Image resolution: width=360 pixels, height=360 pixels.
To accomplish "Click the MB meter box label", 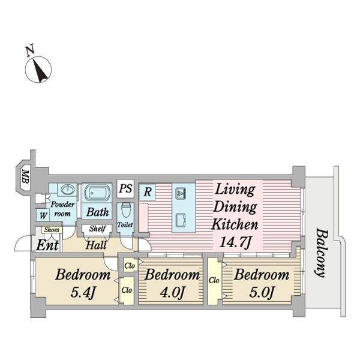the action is coord(25,176).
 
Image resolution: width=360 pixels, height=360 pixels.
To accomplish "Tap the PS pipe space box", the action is coord(125,189).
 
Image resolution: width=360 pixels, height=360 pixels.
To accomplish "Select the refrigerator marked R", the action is coord(147,192).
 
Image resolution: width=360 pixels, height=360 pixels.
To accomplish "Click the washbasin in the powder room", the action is coord(67,190).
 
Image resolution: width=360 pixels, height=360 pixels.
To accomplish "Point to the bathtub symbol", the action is coord(97,193).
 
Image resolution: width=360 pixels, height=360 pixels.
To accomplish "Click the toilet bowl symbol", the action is coord(125,210).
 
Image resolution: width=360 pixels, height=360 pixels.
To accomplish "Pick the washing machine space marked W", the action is coord(43,215).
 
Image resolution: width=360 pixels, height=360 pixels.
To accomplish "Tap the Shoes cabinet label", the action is coord(52,230).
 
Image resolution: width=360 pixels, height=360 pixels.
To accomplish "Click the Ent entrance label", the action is coord(47,245).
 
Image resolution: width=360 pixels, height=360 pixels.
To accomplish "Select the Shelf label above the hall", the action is coord(98,229).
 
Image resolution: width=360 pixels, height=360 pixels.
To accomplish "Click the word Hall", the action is coord(96,245).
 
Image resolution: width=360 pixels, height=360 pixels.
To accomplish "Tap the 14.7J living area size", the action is coord(235,242).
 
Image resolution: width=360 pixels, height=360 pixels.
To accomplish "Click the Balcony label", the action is coord(321,253).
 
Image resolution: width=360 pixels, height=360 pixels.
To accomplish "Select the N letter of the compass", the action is coord(30,50).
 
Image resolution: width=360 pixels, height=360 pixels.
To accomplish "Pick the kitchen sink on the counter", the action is coord(181,193).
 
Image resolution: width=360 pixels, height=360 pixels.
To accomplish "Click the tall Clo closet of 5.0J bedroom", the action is coord(214,281).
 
